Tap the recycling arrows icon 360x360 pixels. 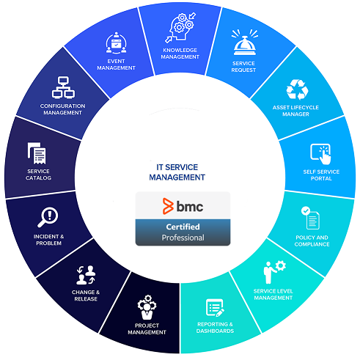(x=297, y=89)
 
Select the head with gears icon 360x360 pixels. (x=180, y=28)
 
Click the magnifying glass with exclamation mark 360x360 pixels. (x=48, y=217)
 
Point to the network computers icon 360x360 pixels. (x=63, y=87)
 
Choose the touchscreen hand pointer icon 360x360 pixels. (x=321, y=154)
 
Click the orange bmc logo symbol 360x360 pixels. (x=168, y=206)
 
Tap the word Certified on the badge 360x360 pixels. (x=183, y=227)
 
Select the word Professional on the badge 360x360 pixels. (x=183, y=238)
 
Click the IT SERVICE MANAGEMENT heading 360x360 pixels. (x=177, y=172)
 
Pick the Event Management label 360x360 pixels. (x=116, y=65)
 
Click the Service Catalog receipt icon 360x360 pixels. (x=37, y=153)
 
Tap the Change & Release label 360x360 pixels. (x=86, y=295)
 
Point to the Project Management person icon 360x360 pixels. (x=147, y=307)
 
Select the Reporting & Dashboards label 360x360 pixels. (x=215, y=328)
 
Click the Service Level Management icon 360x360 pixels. (x=274, y=272)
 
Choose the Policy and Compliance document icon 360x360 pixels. (x=310, y=218)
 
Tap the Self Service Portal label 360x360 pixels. (x=321, y=175)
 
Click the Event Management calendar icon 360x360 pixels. (x=117, y=43)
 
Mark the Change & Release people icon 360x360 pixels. (x=86, y=275)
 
